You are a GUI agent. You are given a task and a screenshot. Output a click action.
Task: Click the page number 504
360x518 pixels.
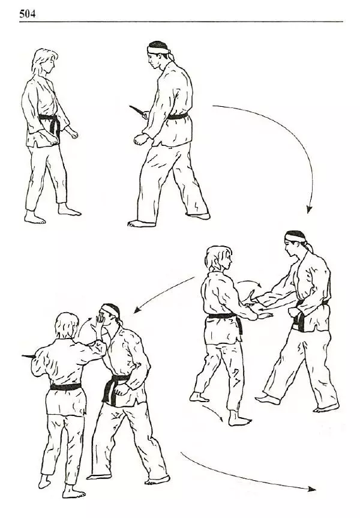pyautogui.click(x=28, y=14)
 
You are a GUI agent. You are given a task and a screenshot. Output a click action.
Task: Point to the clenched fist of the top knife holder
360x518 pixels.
pyautogui.click(x=140, y=139)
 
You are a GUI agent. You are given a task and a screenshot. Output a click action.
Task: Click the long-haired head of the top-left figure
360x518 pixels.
pyautogui.click(x=45, y=62)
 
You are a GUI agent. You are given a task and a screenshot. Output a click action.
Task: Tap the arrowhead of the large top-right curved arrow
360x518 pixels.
pyautogui.click(x=309, y=209)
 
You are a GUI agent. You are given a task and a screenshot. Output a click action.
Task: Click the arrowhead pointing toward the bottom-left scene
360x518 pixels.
pyautogui.click(x=137, y=310)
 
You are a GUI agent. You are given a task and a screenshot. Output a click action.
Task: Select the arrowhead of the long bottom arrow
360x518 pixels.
pyautogui.click(x=311, y=489)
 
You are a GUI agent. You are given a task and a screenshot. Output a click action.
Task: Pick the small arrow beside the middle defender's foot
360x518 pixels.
pyautogui.click(x=213, y=412)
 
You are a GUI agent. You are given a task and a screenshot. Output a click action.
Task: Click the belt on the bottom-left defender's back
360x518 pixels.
pyautogui.click(x=66, y=387)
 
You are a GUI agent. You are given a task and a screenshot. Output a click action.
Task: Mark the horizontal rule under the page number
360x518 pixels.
pyautogui.click(x=181, y=22)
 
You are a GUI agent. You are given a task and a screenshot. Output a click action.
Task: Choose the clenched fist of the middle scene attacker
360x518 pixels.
pyautogui.click(x=293, y=312)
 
